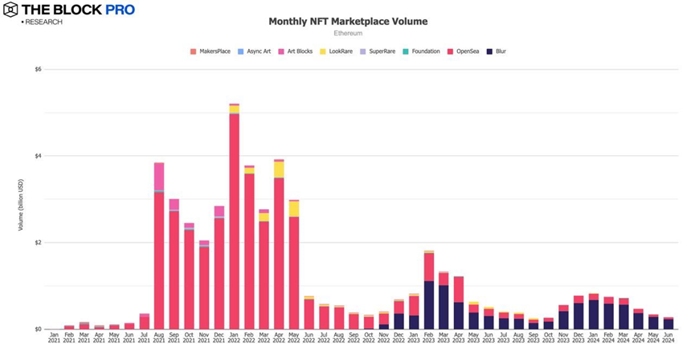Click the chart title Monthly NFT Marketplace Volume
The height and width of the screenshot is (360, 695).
[x=347, y=22]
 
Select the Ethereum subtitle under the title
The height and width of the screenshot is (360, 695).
[x=347, y=34]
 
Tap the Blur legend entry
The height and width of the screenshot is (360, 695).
[x=495, y=51]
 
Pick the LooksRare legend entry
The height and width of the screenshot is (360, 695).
[x=336, y=51]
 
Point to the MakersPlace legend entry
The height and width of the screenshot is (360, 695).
[x=211, y=51]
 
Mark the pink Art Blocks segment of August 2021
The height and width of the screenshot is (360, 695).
[x=159, y=176]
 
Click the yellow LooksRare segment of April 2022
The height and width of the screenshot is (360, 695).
[x=279, y=169]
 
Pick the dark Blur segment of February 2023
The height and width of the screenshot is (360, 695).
[x=429, y=305]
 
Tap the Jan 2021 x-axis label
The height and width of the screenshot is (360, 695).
[x=54, y=337]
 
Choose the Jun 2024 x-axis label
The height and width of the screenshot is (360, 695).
[x=668, y=337]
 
